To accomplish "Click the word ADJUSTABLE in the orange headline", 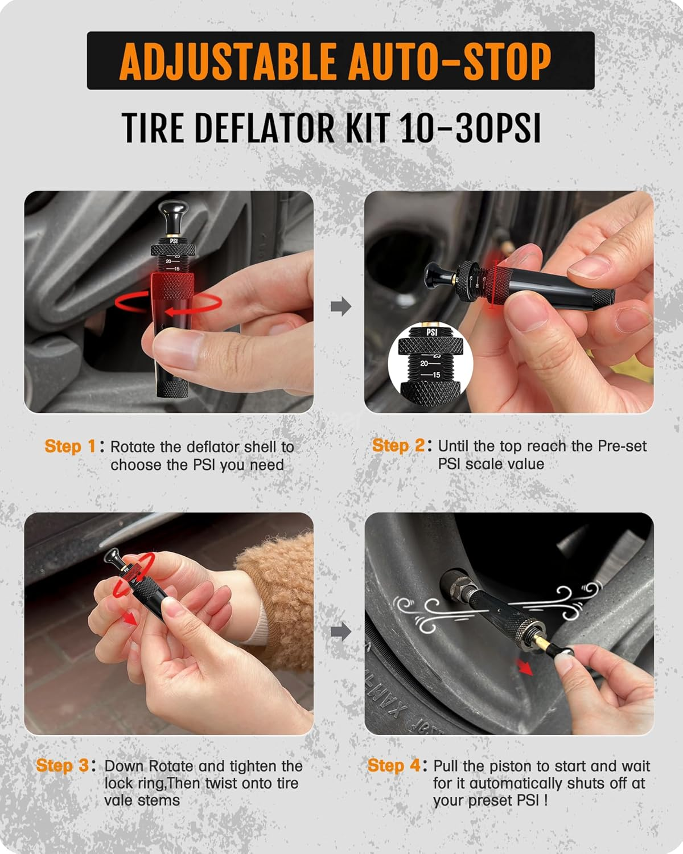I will tap(228, 61).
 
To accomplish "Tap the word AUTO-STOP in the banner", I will tap(450, 61).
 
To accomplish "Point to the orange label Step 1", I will tap(70, 446).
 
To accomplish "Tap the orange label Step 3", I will tap(62, 765).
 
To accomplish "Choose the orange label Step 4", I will tap(393, 765).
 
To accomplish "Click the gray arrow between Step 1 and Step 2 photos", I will tap(340, 306).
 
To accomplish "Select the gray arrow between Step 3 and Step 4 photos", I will tap(340, 631).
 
